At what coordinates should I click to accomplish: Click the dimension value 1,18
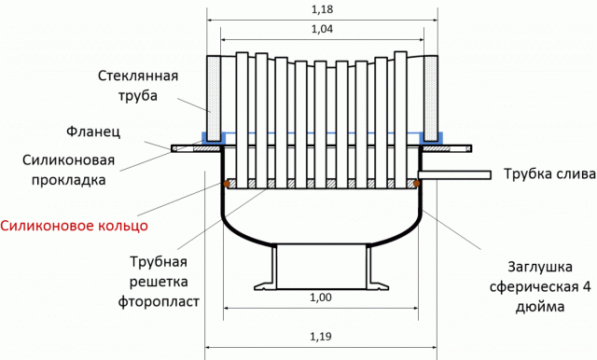tap(320, 10)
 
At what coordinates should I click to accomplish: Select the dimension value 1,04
tap(320, 30)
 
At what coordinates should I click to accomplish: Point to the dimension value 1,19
tap(319, 334)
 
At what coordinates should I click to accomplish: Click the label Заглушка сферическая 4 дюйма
tap(535, 281)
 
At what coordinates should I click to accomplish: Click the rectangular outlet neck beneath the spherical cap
tap(319, 264)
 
